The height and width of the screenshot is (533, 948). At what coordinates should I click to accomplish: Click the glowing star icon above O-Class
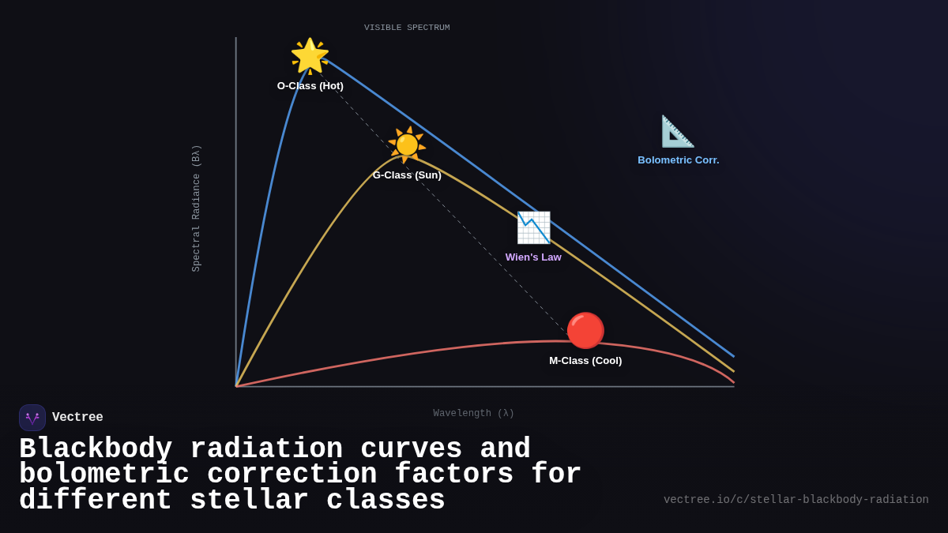pos(310,56)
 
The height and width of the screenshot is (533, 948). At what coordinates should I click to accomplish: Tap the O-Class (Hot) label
pos(310,86)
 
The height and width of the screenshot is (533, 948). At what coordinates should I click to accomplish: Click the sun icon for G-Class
pos(407,145)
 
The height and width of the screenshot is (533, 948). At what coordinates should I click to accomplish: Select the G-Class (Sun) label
pos(407,175)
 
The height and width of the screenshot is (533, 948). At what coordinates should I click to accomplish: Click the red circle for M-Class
pos(585,331)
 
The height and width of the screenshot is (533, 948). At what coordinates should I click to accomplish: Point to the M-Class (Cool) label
pos(585,361)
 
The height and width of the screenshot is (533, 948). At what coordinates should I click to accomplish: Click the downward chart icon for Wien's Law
pos(533,227)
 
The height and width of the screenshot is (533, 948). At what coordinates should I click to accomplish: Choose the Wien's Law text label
pos(533,257)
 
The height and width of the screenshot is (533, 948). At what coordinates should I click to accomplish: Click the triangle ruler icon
pos(678,131)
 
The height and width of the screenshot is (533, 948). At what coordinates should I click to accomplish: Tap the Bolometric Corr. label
pos(678,160)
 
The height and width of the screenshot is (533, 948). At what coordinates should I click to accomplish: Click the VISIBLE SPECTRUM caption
pos(407,28)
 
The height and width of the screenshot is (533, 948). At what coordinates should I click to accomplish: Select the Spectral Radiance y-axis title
pos(197,208)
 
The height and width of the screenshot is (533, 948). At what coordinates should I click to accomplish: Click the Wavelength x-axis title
pos(473,414)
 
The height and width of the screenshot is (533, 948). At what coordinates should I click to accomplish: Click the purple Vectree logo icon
pos(32,418)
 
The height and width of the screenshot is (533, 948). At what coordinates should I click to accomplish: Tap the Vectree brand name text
pos(77,418)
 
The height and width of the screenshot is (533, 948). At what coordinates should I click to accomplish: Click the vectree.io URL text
pos(796,500)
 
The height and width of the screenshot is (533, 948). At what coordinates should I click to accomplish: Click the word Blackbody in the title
pos(96,449)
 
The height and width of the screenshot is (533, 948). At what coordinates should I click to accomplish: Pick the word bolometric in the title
pos(104,475)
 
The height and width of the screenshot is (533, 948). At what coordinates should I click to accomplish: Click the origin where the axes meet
pos(236,386)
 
